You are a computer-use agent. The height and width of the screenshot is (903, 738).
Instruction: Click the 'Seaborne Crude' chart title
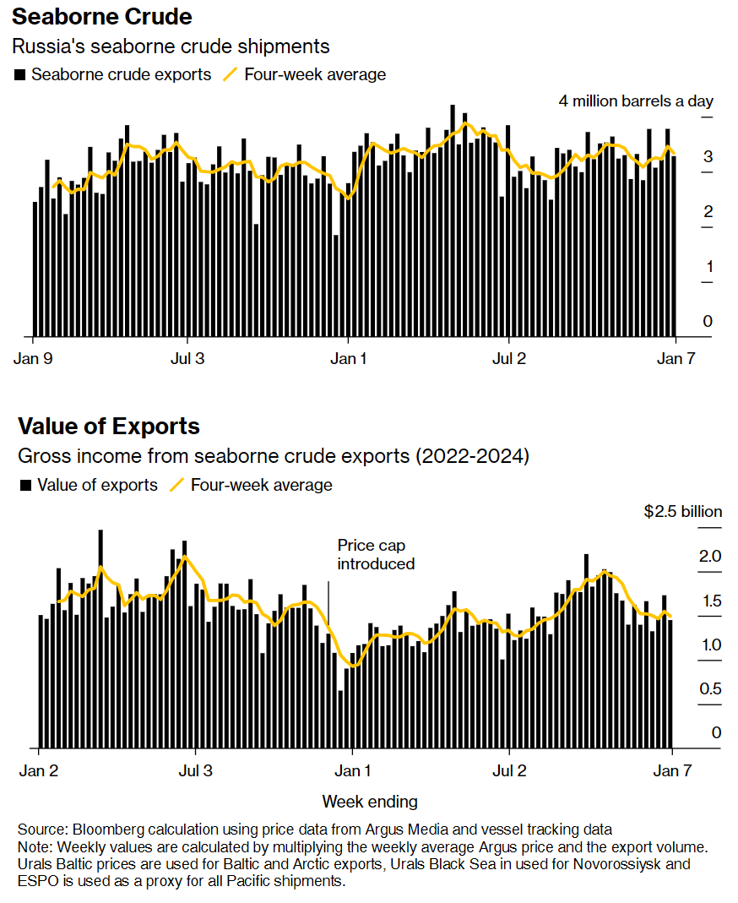pos(102,16)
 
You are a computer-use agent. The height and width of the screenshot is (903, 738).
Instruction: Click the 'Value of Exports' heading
pos(109,426)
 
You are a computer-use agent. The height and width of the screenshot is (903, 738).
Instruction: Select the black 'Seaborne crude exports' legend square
pos(20,75)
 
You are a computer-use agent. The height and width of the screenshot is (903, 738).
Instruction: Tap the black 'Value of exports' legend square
pos(25,486)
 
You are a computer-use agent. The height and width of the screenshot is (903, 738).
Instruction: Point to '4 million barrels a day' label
pos(635,101)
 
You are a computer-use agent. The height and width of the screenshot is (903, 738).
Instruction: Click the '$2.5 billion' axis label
pos(682,511)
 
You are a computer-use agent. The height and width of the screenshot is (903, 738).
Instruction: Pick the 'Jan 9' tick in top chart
pos(34,357)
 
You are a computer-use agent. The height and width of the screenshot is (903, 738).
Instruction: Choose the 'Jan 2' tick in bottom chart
pos(39,770)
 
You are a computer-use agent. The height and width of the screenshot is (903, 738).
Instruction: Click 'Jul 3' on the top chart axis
pos(187,357)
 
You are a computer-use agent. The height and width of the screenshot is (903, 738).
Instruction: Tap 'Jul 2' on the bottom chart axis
pos(509,770)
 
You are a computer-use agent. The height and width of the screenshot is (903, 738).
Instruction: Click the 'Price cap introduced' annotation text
pos(376,554)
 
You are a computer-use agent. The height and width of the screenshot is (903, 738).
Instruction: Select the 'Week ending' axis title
pos(370,801)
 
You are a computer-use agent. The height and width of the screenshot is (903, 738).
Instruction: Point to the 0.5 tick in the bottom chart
pos(711,688)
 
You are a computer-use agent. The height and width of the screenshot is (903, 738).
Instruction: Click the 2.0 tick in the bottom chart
pos(711,556)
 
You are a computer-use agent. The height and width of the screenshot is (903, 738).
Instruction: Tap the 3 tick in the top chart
pos(708,156)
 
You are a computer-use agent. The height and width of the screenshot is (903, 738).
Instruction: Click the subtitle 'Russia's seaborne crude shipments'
pos(171,46)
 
